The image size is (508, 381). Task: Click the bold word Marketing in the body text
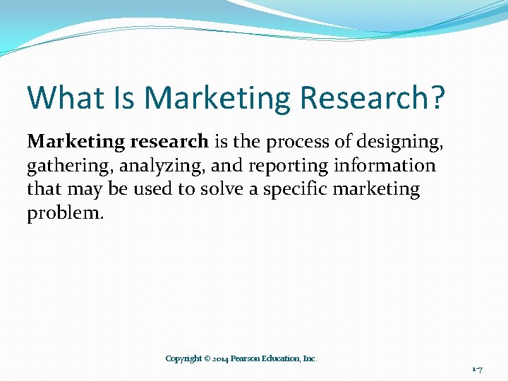coord(75,141)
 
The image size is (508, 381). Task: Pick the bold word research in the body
coord(169,141)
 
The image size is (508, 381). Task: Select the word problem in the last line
coord(65,213)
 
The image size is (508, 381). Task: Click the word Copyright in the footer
coord(183,358)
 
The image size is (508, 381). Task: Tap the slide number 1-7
coord(478,369)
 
